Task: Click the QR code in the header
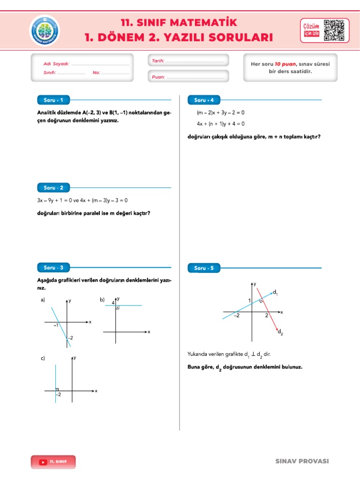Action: pyautogui.click(x=336, y=30)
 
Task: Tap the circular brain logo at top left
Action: pyautogui.click(x=45, y=30)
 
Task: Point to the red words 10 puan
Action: pyautogui.click(x=284, y=64)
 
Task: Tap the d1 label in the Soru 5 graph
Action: pyautogui.click(x=275, y=292)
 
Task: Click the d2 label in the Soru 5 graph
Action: pyautogui.click(x=280, y=332)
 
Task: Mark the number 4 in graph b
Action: pyautogui.click(x=113, y=303)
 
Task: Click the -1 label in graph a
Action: pyautogui.click(x=56, y=325)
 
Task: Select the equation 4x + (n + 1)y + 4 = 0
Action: pyautogui.click(x=220, y=124)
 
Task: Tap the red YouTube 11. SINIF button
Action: pyautogui.click(x=53, y=462)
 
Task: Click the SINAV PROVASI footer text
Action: pyautogui.click(x=302, y=461)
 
